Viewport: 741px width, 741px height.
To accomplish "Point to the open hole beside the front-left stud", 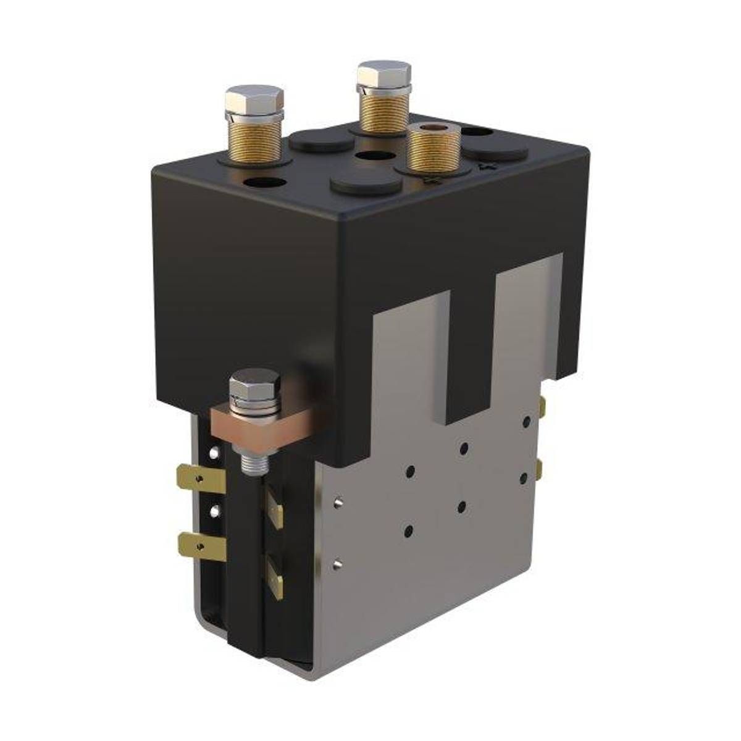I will (265, 183).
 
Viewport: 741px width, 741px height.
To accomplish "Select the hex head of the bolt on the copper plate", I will (254, 386).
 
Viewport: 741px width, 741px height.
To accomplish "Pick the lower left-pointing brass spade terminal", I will (199, 543).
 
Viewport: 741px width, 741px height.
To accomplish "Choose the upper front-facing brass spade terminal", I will (275, 506).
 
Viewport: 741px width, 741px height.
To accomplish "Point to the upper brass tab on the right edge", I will (542, 406).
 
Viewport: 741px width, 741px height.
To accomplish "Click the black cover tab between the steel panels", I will (470, 346).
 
